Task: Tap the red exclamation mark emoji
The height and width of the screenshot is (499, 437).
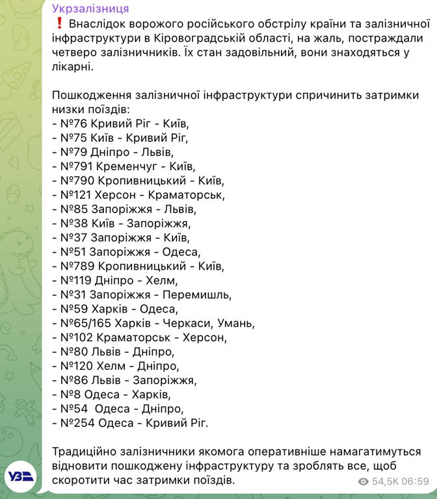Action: [59, 23]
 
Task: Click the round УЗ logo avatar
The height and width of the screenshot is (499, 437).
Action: [21, 477]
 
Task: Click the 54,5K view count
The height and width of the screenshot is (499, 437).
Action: [385, 481]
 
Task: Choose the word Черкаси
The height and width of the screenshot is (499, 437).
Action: [189, 323]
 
